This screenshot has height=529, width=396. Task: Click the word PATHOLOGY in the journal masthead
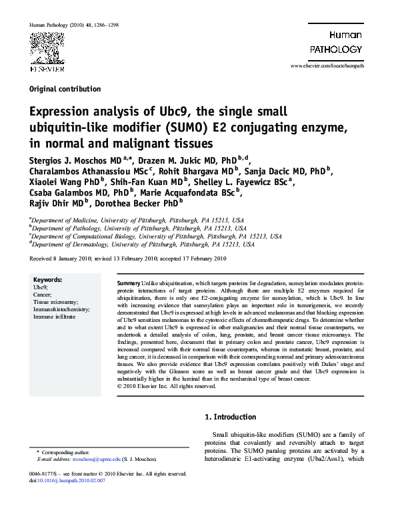[x=336, y=49]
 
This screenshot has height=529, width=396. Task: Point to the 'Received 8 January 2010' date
[x=61, y=258]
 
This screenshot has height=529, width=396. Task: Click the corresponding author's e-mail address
[x=88, y=460]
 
